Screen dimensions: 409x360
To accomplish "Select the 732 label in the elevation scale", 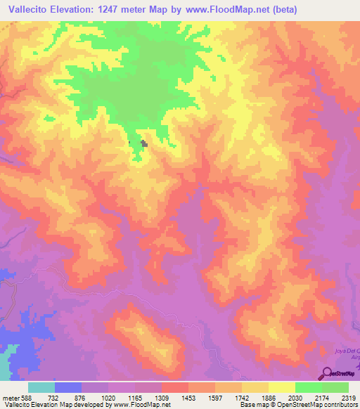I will (x=53, y=397).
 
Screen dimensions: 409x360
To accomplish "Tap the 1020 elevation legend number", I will (x=108, y=397).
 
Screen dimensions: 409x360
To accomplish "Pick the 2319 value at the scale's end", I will (x=349, y=397).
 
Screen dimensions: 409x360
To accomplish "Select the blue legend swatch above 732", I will (x=67, y=387).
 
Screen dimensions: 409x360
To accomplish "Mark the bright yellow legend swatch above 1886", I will (x=281, y=387).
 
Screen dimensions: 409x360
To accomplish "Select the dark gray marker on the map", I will (x=144, y=143).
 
